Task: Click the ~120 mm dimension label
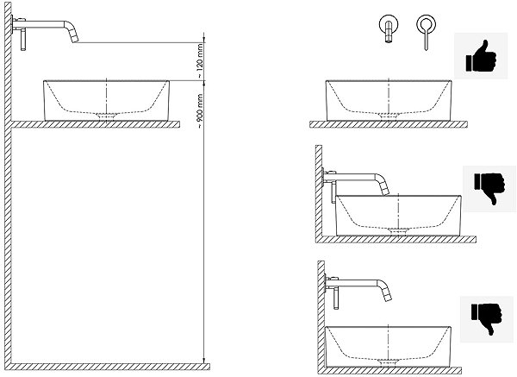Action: [x=199, y=61]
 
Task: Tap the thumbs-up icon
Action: [x=481, y=56]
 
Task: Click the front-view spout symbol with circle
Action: [x=389, y=28]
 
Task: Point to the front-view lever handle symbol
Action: [x=426, y=32]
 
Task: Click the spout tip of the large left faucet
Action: [x=75, y=40]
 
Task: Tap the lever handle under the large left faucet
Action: [x=23, y=40]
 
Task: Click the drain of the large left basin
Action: [x=106, y=116]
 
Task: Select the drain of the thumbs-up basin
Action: [x=389, y=116]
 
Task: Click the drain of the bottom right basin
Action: [x=388, y=361]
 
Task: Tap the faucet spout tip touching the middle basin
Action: [x=385, y=192]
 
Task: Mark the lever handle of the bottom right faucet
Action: [x=336, y=298]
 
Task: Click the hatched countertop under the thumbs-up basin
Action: [x=389, y=124]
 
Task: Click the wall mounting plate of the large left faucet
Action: [x=13, y=24]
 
